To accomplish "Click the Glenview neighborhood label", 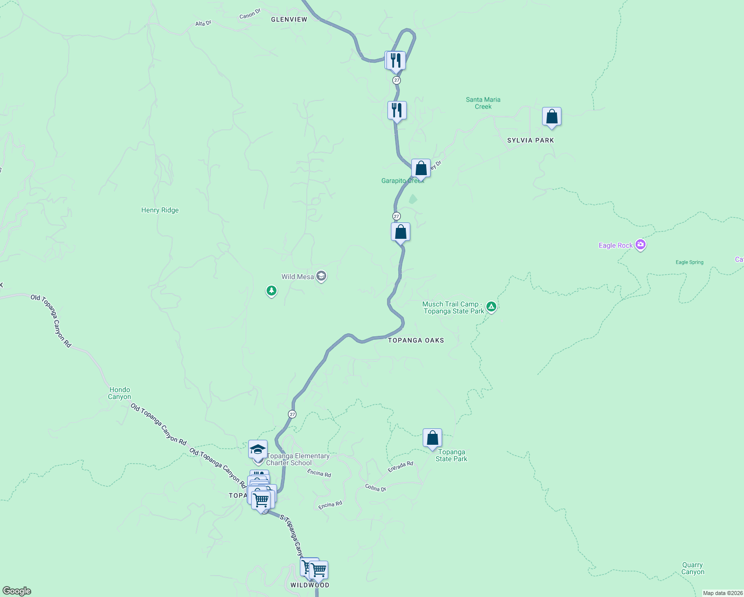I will pos(289,19).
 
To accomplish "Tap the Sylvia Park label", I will pos(530,140).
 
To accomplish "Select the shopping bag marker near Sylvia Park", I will pos(552,117).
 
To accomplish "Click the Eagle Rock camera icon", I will pos(641,245).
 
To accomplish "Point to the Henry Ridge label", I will pos(160,210).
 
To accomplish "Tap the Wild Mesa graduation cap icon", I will pos(321,277).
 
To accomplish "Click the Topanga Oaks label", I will pos(416,340).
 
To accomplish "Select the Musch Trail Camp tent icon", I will pos(491,306).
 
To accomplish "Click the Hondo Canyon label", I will pos(119,393).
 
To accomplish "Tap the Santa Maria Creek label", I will pos(483,103).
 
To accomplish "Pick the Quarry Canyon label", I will pos(693,568).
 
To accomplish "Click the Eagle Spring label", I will pos(689,262).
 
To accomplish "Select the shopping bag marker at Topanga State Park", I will pos(432,438).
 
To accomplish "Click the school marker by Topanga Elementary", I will pos(258,450).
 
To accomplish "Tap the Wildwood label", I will pos(310,585).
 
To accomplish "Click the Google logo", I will pos(17,591).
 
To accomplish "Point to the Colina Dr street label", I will pos(375,488).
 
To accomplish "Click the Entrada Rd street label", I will pos(400,467).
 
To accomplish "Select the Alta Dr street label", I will pos(203,23).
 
